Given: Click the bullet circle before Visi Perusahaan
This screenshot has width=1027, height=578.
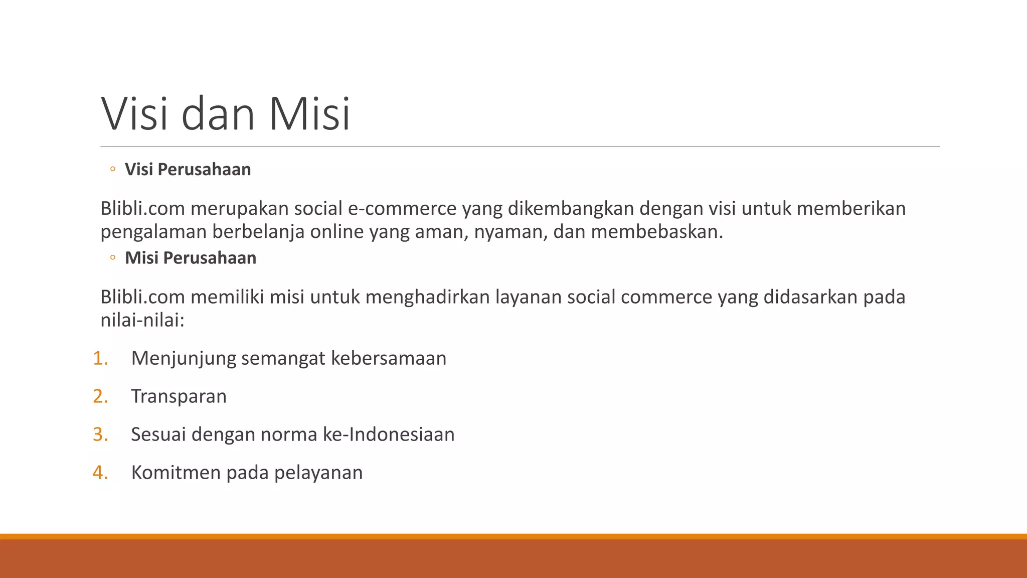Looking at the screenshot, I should pos(113,169).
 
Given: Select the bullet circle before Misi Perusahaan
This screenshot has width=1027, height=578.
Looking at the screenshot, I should pos(113,258).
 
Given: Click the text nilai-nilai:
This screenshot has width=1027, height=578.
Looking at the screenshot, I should pos(143,320).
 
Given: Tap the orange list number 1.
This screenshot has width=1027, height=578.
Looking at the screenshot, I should pos(100,358).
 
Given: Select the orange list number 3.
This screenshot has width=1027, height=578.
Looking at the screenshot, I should pos(100,435).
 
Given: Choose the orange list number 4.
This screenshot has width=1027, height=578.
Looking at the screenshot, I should pos(100,473).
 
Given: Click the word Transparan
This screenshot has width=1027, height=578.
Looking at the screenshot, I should pos(179,396).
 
